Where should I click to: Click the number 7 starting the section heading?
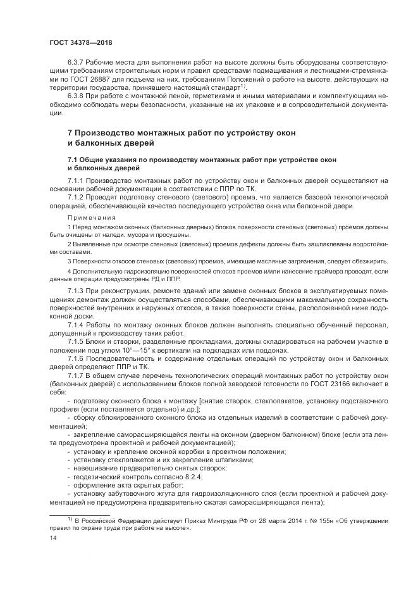point(71,133)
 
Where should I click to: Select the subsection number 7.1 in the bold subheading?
point(73,159)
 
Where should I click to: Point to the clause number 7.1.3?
point(76,290)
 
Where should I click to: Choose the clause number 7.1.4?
point(76,324)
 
